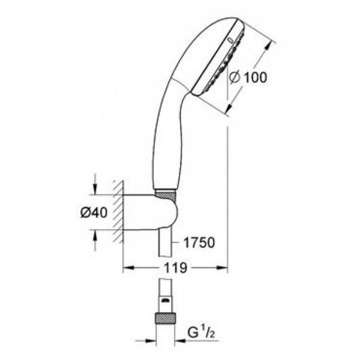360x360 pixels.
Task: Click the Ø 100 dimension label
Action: [x=248, y=77]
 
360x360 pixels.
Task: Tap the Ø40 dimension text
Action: [x=94, y=212]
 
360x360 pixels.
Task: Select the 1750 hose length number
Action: [x=199, y=242]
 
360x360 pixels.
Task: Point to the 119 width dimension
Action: [x=175, y=268]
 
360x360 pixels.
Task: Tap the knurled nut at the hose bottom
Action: [x=166, y=318]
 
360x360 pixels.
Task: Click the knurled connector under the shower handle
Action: [x=166, y=194]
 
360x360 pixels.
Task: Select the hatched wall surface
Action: [x=118, y=211]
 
